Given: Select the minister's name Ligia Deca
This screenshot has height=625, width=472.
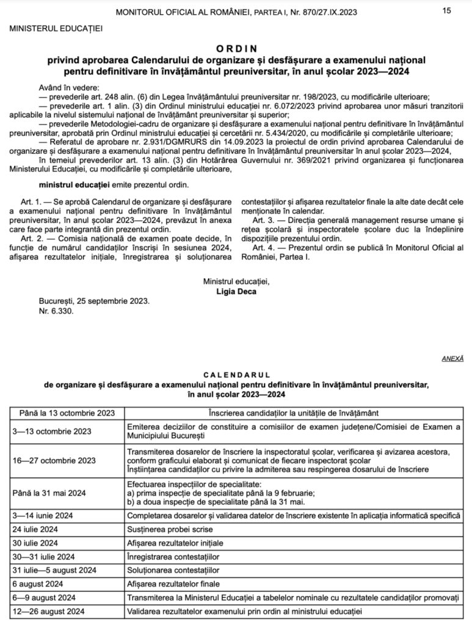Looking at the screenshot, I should point(238,291).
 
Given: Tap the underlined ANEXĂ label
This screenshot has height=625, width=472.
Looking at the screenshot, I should point(452,360).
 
